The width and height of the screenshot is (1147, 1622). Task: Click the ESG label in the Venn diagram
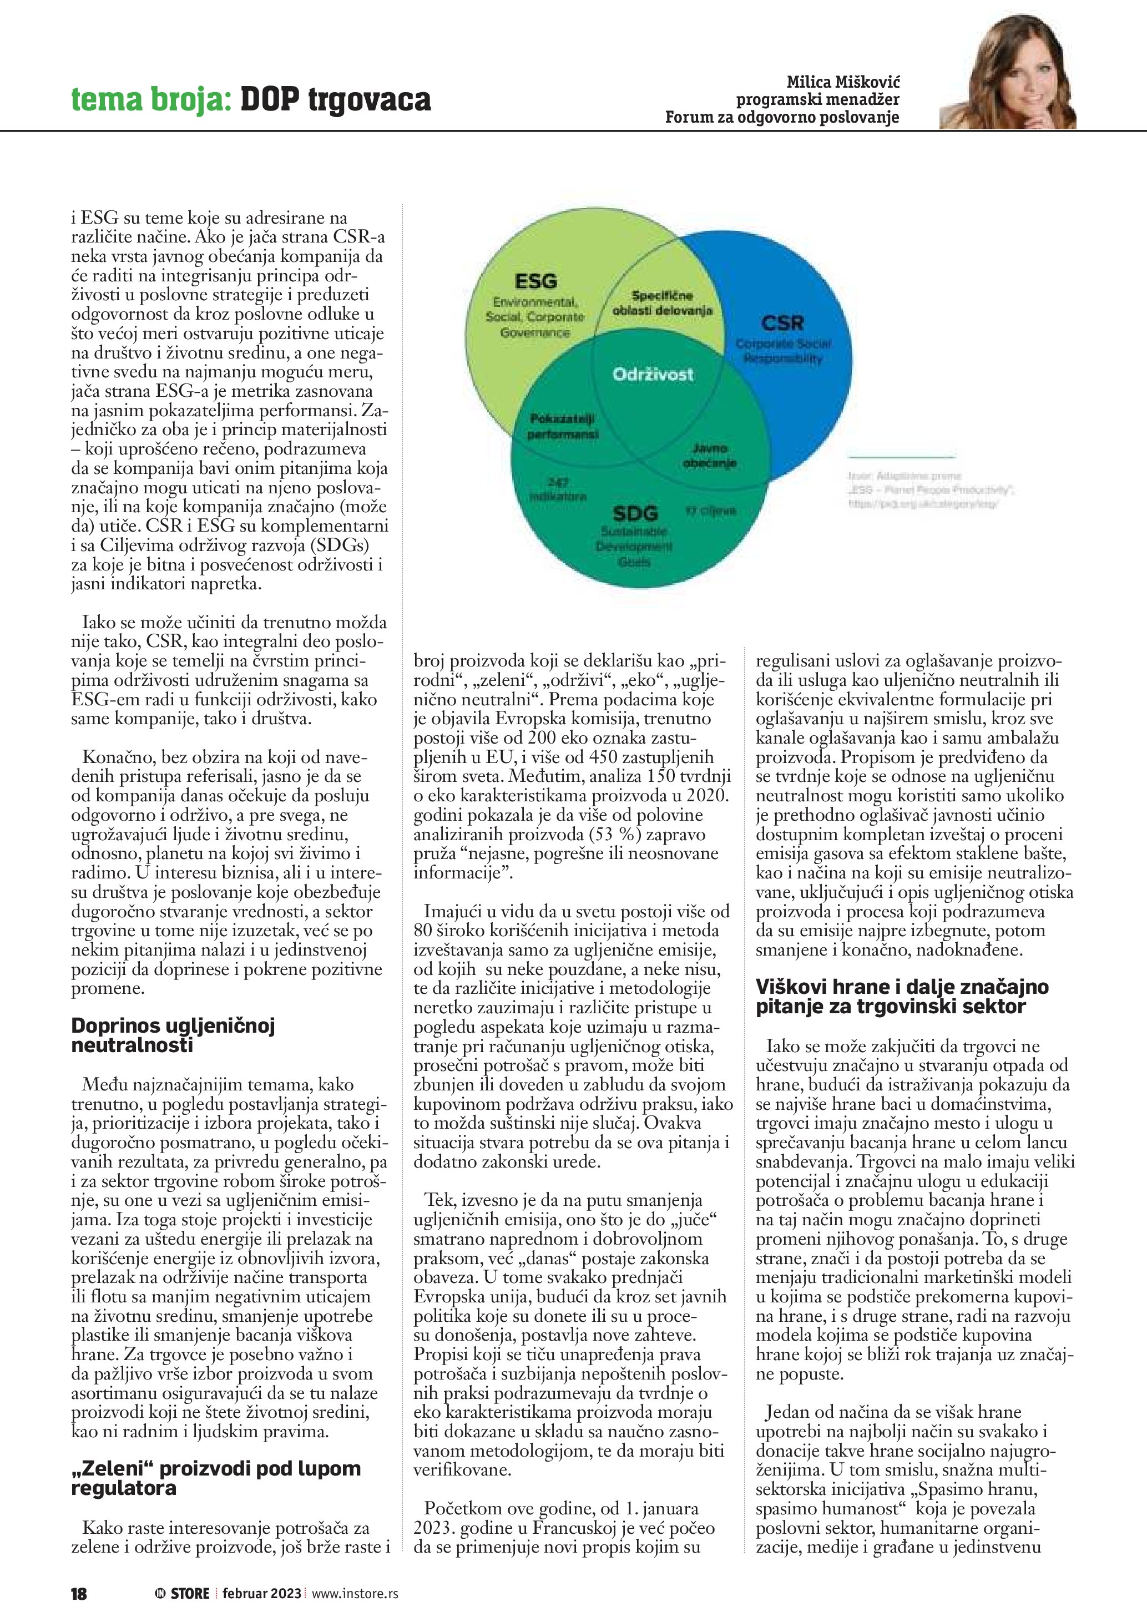[535, 281]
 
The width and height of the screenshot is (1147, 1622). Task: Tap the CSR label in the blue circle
[782, 324]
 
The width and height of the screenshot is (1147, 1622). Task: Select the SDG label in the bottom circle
[635, 514]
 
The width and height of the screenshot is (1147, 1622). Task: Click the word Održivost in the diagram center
[653, 375]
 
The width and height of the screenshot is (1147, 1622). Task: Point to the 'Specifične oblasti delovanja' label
[662, 303]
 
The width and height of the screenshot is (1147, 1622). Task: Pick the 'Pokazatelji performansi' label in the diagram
[562, 427]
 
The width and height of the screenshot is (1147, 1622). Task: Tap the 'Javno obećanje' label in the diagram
[709, 456]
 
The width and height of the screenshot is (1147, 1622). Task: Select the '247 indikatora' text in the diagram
[558, 489]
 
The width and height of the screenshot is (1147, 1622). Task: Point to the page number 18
[78, 1594]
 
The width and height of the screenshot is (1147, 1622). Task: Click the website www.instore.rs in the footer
[355, 1594]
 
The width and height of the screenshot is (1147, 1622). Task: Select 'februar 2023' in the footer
[261, 1594]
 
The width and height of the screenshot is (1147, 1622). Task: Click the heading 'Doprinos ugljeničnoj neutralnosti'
[173, 1035]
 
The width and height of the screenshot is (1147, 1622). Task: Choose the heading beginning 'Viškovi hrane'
[901, 996]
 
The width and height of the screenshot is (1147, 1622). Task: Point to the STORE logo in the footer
[183, 1594]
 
